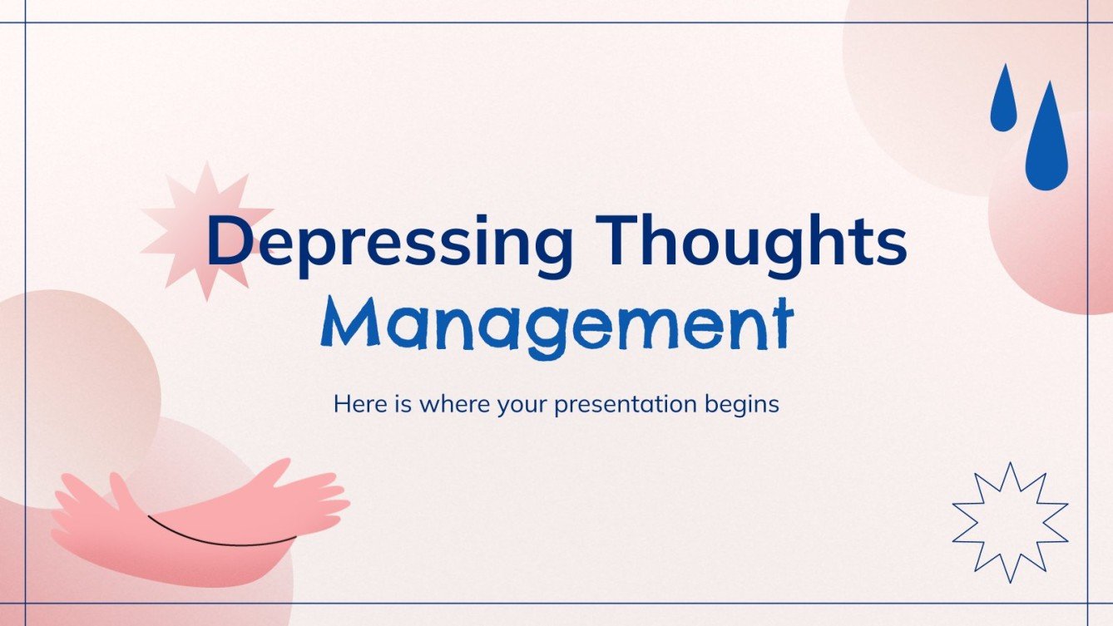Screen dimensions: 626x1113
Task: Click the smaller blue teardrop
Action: point(1003,100)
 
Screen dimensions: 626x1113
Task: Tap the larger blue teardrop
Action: point(1046,141)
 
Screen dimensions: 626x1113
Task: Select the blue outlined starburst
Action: point(1010,522)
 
